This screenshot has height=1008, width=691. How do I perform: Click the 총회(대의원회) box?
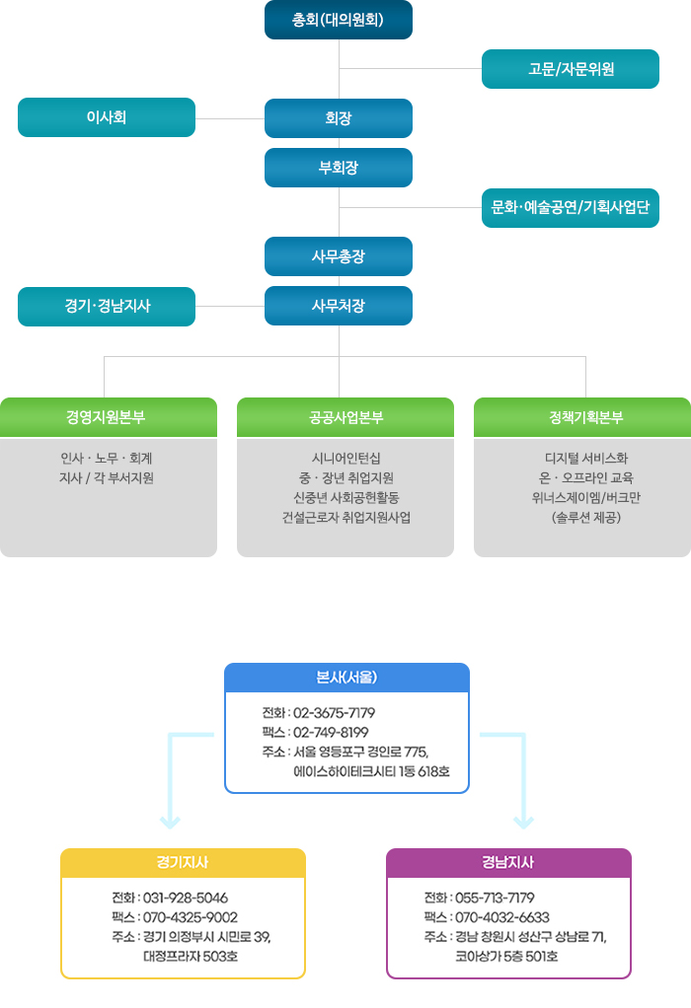(x=339, y=20)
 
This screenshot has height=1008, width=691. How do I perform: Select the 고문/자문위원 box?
(x=570, y=69)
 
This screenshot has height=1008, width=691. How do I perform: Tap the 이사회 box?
(x=107, y=117)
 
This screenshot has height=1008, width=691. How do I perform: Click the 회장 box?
(x=339, y=118)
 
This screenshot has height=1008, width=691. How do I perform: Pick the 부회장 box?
(x=339, y=168)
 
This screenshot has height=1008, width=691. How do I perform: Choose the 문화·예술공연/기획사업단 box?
(x=570, y=208)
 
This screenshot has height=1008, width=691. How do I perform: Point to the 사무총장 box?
(x=339, y=256)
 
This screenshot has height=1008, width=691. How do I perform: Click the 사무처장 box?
(x=339, y=306)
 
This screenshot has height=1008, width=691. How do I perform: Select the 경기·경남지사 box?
(x=107, y=307)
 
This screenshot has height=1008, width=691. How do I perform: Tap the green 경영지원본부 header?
(x=108, y=417)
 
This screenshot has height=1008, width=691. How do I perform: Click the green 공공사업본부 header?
(x=345, y=417)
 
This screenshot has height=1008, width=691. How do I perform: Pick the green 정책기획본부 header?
(x=582, y=417)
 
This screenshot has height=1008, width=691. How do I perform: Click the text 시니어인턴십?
(x=346, y=459)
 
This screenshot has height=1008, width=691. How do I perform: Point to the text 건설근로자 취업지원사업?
(x=346, y=518)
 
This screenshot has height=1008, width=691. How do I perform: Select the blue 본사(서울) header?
(x=346, y=678)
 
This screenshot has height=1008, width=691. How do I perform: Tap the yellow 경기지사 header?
(x=183, y=863)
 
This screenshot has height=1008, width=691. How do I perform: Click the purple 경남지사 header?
(x=508, y=863)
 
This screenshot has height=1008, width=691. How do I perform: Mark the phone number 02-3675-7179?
(x=334, y=713)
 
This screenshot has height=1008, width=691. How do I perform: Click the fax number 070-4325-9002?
(x=190, y=917)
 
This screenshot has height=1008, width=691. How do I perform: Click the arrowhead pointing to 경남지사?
(x=523, y=823)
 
